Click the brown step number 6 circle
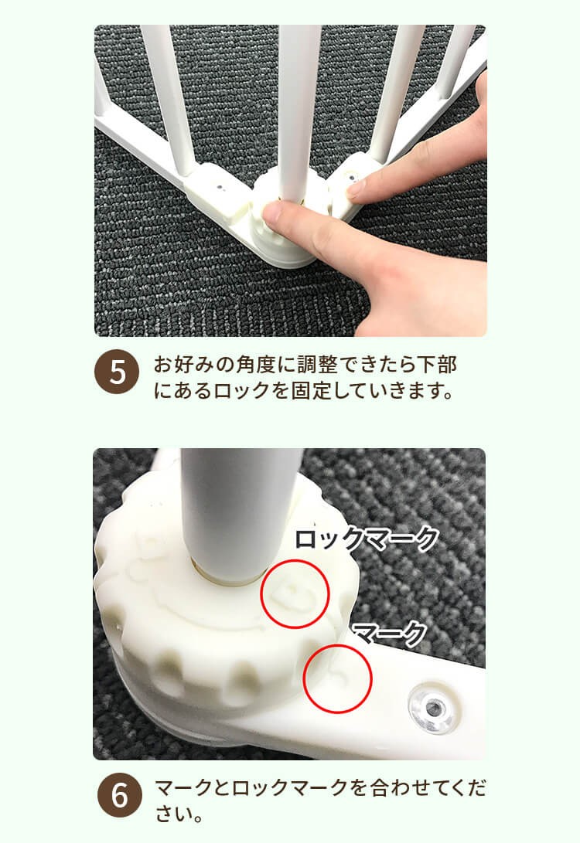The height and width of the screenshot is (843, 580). pos(119,794)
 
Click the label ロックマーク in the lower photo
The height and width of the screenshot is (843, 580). pos(367,539)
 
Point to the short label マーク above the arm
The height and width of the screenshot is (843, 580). pos(389,634)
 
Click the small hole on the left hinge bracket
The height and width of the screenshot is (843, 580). pos(220,186)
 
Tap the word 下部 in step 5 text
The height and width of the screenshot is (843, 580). pos(438,365)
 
